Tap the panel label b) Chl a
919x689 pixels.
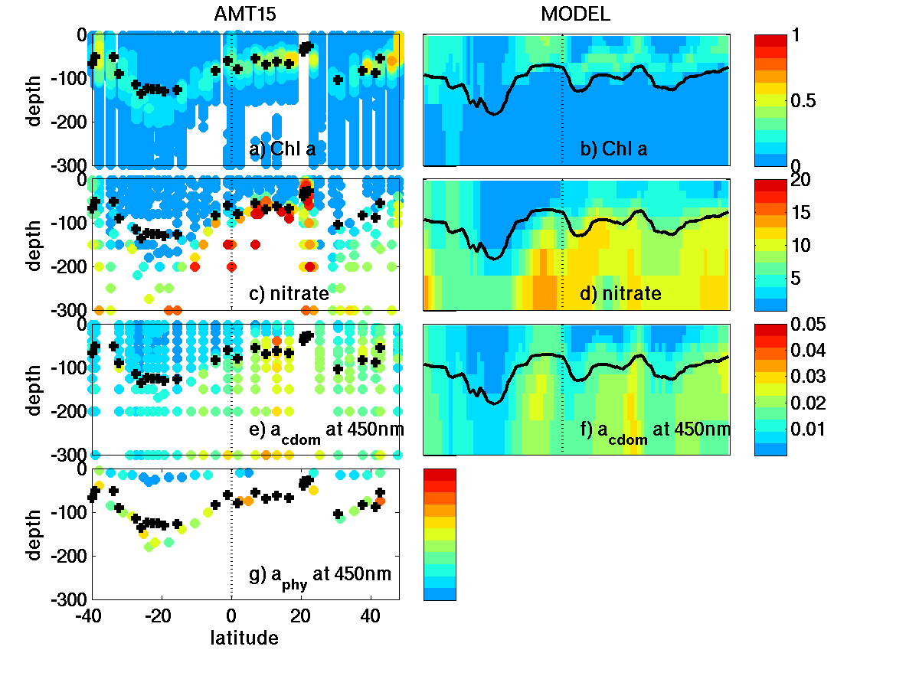coord(613,149)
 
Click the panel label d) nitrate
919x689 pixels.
coord(621,293)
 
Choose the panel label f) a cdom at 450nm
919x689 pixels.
coord(655,431)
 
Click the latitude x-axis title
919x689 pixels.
coord(244,637)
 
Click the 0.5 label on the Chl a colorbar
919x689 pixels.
coord(788,100)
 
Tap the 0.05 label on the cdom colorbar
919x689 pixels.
coord(792,325)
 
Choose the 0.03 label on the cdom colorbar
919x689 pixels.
coord(792,377)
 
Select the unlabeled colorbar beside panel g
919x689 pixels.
coord(440,534)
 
